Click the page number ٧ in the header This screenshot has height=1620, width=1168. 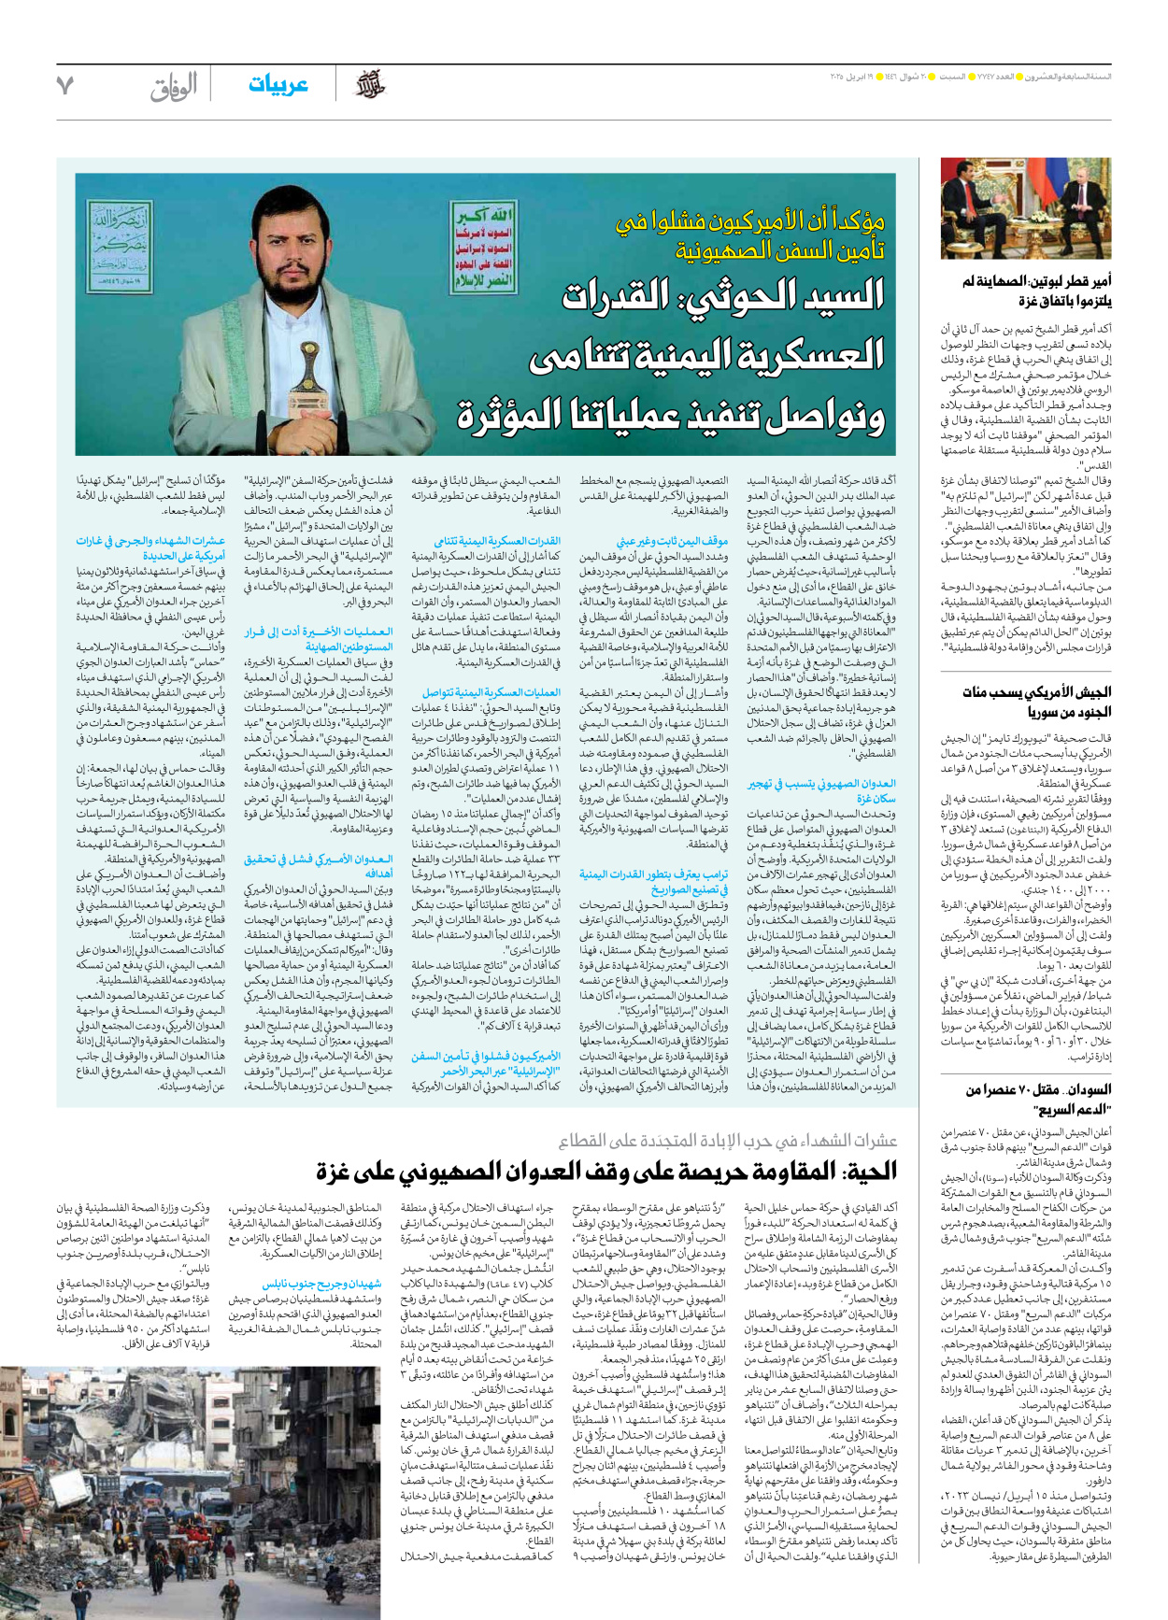pyautogui.click(x=64, y=85)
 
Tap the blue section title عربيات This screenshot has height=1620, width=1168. pyautogui.click(x=278, y=85)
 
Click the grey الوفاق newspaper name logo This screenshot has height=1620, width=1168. pyautogui.click(x=174, y=87)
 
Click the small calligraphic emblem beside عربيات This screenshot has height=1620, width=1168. pyautogui.click(x=370, y=86)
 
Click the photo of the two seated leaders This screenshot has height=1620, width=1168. pyautogui.click(x=1026, y=208)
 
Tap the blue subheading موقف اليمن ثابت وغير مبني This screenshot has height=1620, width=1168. pyautogui.click(x=671, y=541)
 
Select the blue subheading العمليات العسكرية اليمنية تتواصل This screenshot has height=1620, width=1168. pyautogui.click(x=491, y=692)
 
